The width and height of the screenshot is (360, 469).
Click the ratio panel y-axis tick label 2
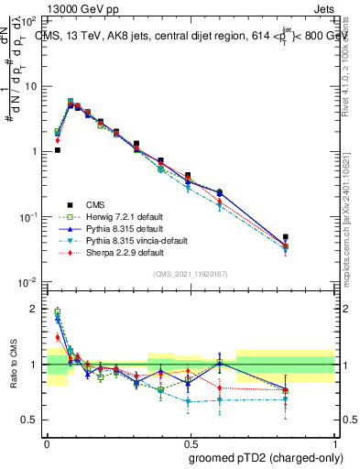coord(36,309)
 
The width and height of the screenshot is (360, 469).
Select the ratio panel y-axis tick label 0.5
coord(31,420)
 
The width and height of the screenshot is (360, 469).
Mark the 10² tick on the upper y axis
coord(30,20)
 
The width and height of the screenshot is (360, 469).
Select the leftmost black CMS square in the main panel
coord(57,150)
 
